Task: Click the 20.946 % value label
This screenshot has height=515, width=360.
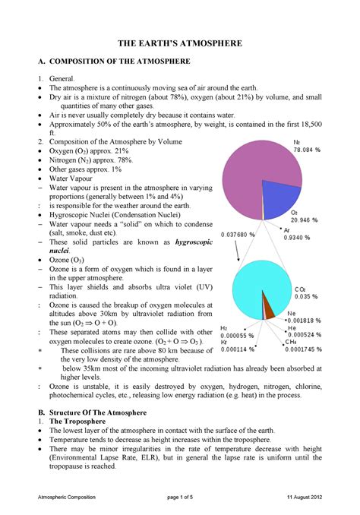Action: point(305,221)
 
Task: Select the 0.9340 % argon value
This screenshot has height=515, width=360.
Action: point(297,237)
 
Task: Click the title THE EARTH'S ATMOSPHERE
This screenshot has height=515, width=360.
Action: point(179,44)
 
